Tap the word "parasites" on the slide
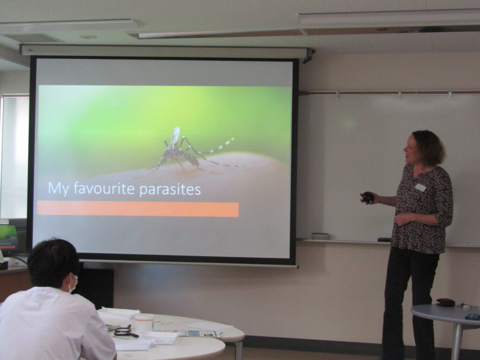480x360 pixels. tap(170, 190)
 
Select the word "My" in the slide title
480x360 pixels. tap(59, 189)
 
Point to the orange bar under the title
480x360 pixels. tap(138, 210)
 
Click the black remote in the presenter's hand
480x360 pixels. tap(367, 197)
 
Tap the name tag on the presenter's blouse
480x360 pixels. tap(420, 187)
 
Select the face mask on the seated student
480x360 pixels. tap(73, 284)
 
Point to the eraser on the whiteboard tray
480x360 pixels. tap(321, 236)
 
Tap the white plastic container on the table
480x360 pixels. tap(144, 322)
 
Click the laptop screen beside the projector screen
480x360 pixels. tap(8, 238)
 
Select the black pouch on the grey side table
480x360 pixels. tap(445, 302)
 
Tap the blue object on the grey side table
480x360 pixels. tap(472, 316)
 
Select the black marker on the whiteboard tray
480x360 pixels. tap(384, 240)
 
